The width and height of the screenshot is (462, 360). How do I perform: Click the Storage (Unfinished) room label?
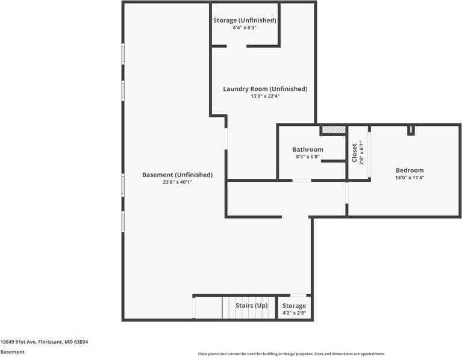(245, 20)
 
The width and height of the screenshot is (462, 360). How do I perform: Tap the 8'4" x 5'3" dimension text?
(245, 28)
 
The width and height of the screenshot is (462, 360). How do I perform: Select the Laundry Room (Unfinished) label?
(265, 89)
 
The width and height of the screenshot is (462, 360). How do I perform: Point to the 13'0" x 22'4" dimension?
(265, 96)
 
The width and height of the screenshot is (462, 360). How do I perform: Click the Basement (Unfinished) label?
(177, 175)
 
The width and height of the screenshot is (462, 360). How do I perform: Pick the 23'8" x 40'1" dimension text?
(177, 182)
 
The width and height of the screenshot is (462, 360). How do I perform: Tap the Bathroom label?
(308, 149)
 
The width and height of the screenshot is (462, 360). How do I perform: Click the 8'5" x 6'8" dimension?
(308, 157)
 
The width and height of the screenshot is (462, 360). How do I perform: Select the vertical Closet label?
(354, 153)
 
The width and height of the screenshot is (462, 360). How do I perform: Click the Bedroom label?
(410, 170)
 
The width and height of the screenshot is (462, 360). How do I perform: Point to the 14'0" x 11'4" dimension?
(410, 178)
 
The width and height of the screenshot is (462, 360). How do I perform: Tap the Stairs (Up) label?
(252, 306)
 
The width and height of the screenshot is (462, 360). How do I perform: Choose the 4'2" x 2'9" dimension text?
(295, 313)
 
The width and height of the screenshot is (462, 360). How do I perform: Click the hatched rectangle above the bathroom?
(334, 129)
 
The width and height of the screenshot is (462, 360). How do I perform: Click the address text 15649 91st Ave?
(18, 342)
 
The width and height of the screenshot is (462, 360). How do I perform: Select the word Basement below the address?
(13, 352)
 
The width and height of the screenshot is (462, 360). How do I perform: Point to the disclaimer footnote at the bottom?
(292, 354)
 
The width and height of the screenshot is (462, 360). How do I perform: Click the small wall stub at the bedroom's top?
(411, 131)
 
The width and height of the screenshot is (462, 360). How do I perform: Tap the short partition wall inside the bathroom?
(334, 161)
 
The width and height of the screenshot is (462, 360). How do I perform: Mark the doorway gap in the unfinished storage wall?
(236, 46)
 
